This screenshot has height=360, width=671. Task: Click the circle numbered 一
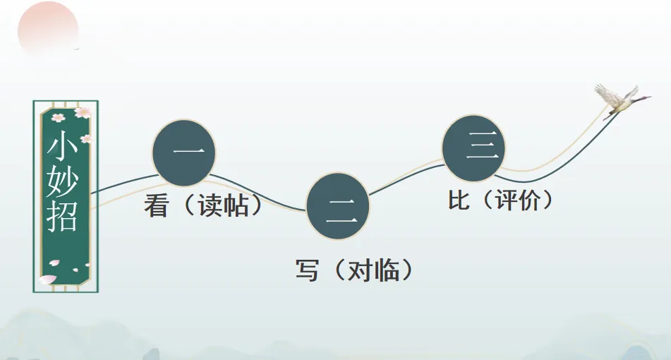point(183,152)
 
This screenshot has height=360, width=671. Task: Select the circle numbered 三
point(473,148)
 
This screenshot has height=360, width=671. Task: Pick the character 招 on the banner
point(64,216)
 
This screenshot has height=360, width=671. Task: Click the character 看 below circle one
point(155,206)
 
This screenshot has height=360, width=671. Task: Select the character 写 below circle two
point(308,270)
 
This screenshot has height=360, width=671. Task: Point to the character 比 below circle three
point(459,200)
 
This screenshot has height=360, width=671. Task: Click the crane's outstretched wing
point(605,92)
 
